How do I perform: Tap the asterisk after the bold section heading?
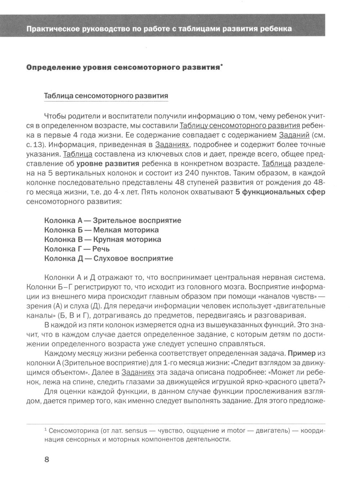[x=221, y=66]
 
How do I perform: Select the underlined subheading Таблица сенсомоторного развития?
[x=106, y=96]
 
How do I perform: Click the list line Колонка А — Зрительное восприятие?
[x=113, y=220]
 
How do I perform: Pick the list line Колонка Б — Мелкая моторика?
[x=101, y=230]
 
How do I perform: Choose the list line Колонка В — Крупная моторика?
[x=103, y=239]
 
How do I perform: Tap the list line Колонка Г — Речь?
[x=77, y=249]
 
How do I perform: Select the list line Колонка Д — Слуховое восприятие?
[x=108, y=258]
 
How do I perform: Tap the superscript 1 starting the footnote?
[x=45, y=429]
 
